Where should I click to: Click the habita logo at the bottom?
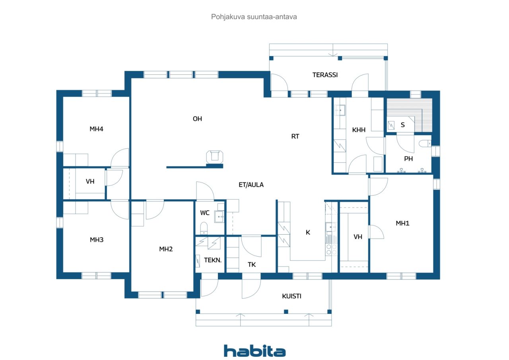[x=254, y=351]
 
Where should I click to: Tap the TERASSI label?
[x=325, y=75]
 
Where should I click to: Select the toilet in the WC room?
[x=204, y=228]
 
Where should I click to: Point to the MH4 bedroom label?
[x=96, y=129]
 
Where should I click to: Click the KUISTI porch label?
[x=291, y=296]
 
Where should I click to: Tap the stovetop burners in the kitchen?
[x=331, y=249]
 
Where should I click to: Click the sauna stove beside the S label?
[x=391, y=125]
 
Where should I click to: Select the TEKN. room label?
[x=213, y=260]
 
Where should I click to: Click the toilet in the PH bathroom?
[x=425, y=144]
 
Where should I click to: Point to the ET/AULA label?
[x=251, y=185]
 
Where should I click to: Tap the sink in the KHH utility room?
[x=340, y=110]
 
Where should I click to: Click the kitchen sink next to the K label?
[x=330, y=227]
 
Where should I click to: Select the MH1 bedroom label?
[x=402, y=223]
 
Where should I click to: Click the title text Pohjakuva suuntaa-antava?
[x=254, y=17]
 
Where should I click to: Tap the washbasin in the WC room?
[x=219, y=216]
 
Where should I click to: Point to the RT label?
[x=295, y=136]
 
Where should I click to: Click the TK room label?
[x=252, y=265]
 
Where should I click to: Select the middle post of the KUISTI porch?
[x=286, y=311]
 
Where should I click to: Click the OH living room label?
[x=197, y=119]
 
